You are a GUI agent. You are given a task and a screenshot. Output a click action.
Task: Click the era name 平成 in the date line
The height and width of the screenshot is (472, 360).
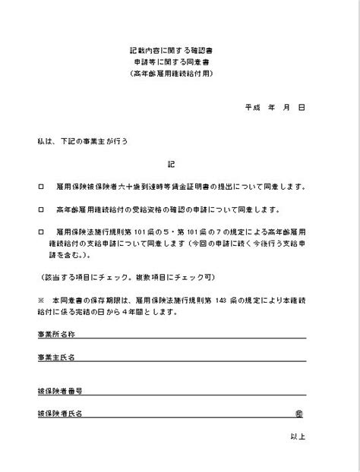click(x=253, y=108)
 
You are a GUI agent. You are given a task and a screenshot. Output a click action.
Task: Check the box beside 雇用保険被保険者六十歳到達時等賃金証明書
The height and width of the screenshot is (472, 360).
click(x=40, y=186)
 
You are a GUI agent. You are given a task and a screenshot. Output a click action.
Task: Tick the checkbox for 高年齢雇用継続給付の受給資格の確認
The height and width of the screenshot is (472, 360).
click(x=40, y=209)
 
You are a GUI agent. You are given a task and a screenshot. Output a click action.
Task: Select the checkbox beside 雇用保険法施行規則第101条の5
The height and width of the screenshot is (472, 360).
click(x=40, y=232)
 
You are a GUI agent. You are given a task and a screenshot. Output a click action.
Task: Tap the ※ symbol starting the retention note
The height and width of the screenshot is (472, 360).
click(x=40, y=300)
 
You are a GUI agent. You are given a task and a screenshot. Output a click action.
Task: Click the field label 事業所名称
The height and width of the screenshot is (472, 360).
click(x=56, y=334)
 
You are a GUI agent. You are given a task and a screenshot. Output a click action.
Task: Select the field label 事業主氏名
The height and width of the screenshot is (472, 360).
click(x=56, y=356)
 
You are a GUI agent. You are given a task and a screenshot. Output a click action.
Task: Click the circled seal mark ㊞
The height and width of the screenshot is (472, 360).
click(x=300, y=414)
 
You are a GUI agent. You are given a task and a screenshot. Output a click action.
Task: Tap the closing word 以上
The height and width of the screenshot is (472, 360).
click(x=298, y=436)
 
